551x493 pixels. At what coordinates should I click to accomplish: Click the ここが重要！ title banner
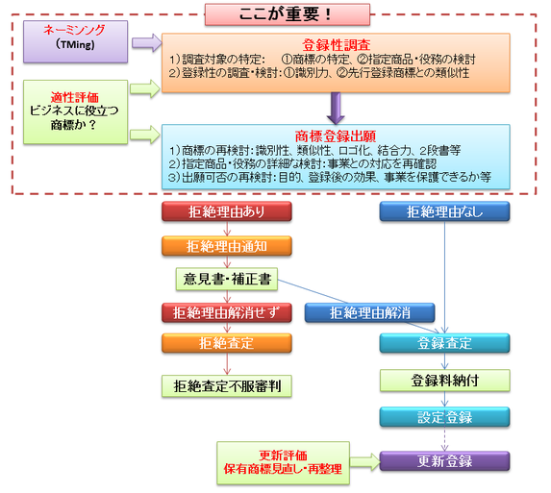coord(288,14)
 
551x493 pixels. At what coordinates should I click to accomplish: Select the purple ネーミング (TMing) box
coord(76,41)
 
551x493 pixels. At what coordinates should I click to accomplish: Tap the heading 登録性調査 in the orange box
coord(336,45)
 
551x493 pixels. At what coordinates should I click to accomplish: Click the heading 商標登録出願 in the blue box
coord(336,136)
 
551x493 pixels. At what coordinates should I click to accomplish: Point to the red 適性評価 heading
coord(74,97)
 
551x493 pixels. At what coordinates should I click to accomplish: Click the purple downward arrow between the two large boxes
coord(336,109)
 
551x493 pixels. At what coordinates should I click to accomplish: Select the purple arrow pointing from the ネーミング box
coord(147,43)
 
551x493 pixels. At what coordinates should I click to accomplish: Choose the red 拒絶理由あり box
coord(227,211)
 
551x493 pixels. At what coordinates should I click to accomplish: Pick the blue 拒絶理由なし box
coord(444,211)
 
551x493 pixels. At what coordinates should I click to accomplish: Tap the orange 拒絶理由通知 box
coord(227,246)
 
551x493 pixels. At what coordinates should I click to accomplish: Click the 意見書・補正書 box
coord(227,279)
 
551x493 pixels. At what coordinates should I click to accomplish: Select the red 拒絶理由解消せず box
coord(227,312)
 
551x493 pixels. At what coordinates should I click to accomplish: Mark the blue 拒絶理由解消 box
coord(369,312)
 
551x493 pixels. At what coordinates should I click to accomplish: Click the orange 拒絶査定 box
coord(227,343)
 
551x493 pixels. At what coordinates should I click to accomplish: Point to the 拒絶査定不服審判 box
coord(227,386)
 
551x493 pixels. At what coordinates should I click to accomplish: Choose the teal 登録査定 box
coord(444,343)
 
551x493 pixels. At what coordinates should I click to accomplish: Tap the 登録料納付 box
coord(444,381)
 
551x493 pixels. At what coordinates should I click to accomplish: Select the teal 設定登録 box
coord(444,417)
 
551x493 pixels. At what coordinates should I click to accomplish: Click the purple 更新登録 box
coord(444,461)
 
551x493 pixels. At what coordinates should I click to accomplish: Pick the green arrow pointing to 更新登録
coord(365,461)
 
